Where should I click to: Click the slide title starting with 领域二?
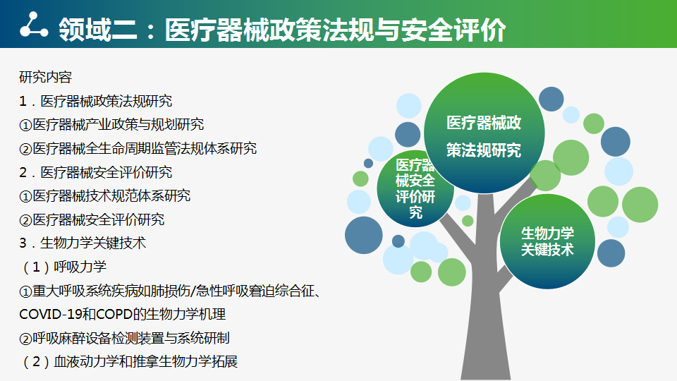pyautogui.click(x=282, y=30)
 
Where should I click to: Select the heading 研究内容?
pyautogui.click(x=45, y=77)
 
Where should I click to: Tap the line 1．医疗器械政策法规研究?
pyautogui.click(x=95, y=101)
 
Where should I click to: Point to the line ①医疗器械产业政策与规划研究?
pyautogui.click(x=111, y=124)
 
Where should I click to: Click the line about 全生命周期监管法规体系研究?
pyautogui.click(x=138, y=148)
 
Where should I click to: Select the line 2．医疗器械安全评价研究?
pyautogui.click(x=95, y=172)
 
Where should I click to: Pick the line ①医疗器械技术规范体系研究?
pyautogui.click(x=104, y=195)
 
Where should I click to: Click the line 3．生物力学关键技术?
pyautogui.click(x=83, y=243)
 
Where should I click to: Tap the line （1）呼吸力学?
pyautogui.click(x=63, y=267)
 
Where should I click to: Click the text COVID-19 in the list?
pyautogui.click(x=50, y=314)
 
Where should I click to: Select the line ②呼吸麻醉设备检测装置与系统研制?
pyautogui.click(x=124, y=338)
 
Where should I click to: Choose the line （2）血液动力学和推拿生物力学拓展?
pyautogui.click(x=128, y=361)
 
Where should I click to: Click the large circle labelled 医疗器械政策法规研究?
pyautogui.click(x=484, y=133)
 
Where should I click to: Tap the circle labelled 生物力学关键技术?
pyautogui.click(x=547, y=241)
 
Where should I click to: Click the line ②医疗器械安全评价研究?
pyautogui.click(x=92, y=219)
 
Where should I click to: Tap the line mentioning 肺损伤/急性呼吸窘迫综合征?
pyautogui.click(x=170, y=291)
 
